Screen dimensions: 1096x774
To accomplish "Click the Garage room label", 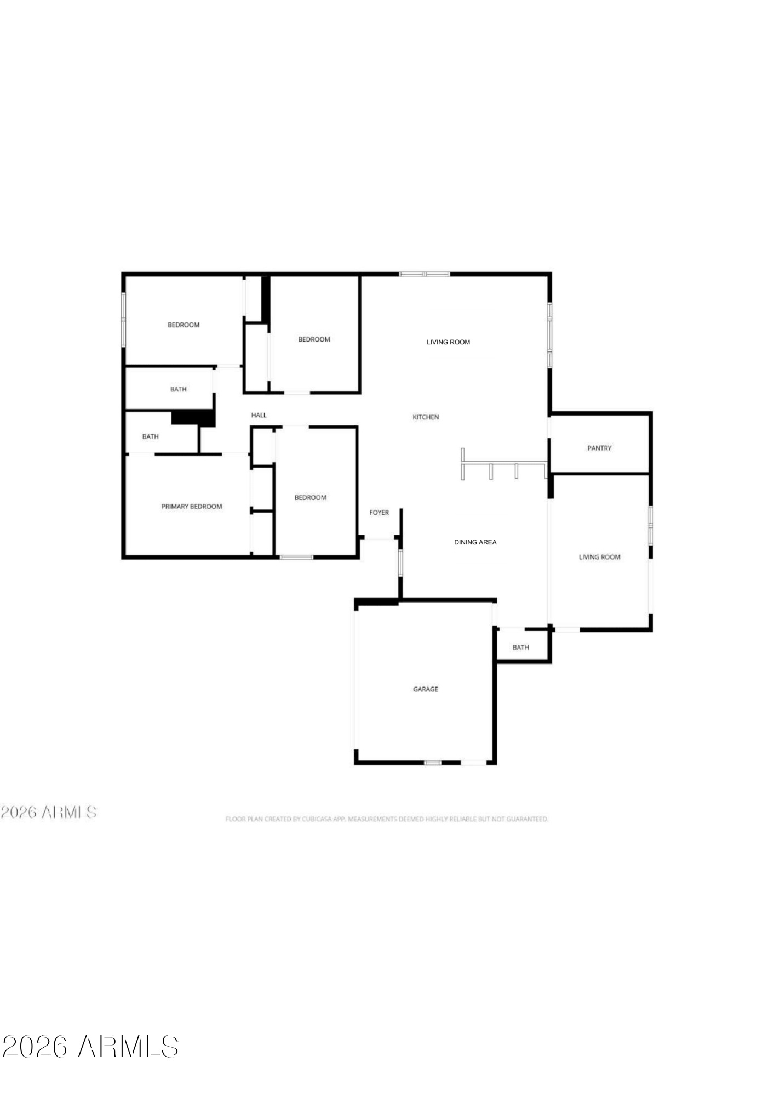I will pyautogui.click(x=425, y=689).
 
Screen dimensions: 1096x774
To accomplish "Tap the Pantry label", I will pyautogui.click(x=599, y=448).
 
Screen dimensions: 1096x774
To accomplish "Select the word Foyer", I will pyautogui.click(x=379, y=513).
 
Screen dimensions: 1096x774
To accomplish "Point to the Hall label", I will pyautogui.click(x=259, y=415).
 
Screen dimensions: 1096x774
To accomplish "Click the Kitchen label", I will pyautogui.click(x=426, y=417).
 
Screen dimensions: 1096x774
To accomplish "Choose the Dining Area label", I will pyautogui.click(x=475, y=542).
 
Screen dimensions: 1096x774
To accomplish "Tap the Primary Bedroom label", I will pyautogui.click(x=191, y=507).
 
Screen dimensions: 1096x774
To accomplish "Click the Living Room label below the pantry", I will pyautogui.click(x=599, y=557).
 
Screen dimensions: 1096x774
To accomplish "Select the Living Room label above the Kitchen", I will pyautogui.click(x=448, y=342).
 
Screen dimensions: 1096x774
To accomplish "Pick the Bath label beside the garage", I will pyautogui.click(x=520, y=648).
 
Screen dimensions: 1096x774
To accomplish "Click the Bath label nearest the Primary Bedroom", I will pyautogui.click(x=150, y=436).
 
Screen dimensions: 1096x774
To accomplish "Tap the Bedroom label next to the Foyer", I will pyautogui.click(x=310, y=498).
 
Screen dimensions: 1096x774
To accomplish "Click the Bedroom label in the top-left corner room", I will pyautogui.click(x=183, y=325).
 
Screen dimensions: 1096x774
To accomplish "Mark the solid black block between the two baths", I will pyautogui.click(x=193, y=418).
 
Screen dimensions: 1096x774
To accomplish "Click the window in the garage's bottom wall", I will pyautogui.click(x=433, y=763).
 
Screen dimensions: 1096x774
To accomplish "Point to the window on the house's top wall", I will pyautogui.click(x=425, y=274).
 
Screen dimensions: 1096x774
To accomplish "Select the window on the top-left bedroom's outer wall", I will pyautogui.click(x=124, y=319).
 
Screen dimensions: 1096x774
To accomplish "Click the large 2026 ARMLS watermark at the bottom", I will pyautogui.click(x=90, y=1047).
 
